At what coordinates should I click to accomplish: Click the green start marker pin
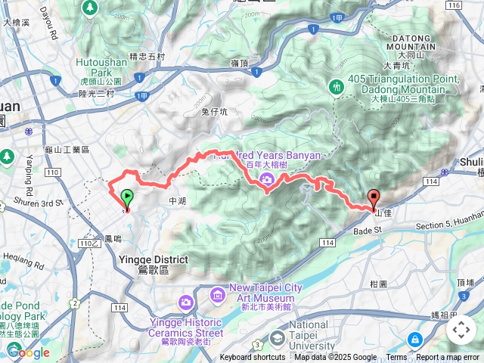tap(126, 198)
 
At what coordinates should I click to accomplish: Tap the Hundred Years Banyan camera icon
tap(266, 179)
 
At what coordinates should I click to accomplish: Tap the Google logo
tap(29, 352)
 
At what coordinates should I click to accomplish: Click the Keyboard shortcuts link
tap(253, 358)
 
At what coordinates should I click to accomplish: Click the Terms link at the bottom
tap(396, 358)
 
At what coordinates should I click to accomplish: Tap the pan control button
tap(461, 330)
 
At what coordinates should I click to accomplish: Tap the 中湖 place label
tap(177, 201)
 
